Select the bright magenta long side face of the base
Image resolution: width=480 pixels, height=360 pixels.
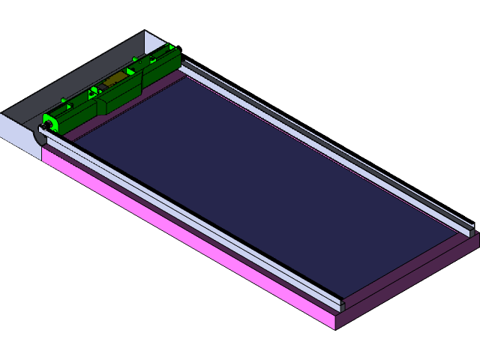187,240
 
